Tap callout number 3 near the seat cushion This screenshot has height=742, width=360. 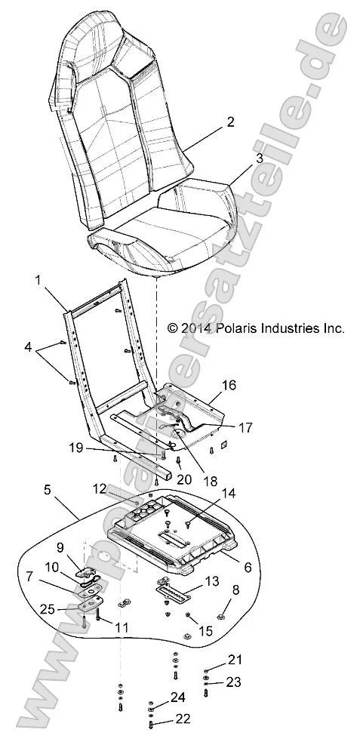[x=238, y=159]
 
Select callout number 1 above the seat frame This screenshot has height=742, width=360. [x=38, y=280]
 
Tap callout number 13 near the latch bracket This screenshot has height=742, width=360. [x=211, y=581]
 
